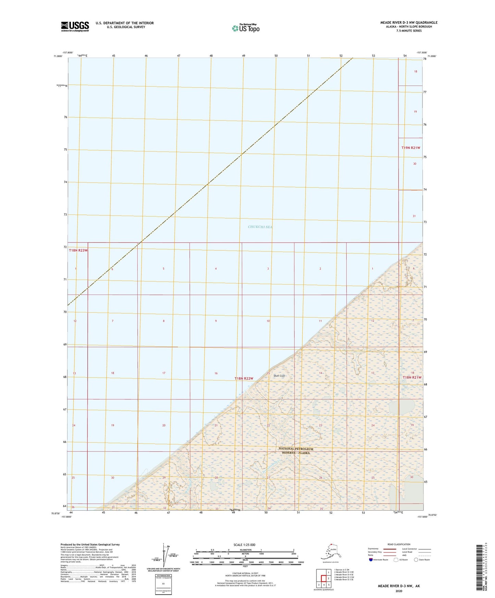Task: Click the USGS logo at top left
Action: coord(75,26)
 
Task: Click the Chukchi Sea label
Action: coord(260,227)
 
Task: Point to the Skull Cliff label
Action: coord(279,376)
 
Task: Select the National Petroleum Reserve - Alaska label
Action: coord(296,451)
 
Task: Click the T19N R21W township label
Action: coord(411,148)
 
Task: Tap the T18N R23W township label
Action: coord(78,250)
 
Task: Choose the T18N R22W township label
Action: coord(244,378)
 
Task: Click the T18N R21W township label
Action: coord(412,377)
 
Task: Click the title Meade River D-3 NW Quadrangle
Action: coord(409,23)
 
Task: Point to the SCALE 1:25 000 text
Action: coord(244,545)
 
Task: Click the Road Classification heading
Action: coord(399,544)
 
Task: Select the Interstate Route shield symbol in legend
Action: coord(371,560)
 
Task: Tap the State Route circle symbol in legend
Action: coord(416,560)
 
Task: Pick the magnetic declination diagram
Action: coord(164,555)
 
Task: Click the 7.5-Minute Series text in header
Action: coord(409,31)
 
